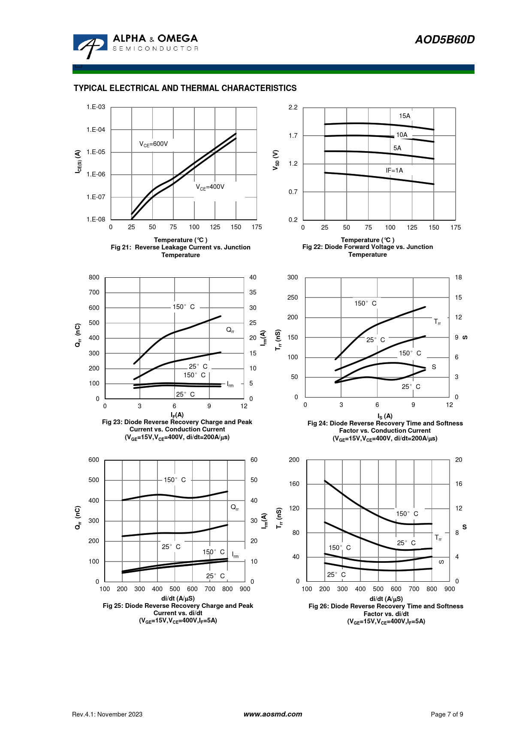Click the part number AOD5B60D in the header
click(x=444, y=39)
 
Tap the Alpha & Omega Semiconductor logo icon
click(x=90, y=46)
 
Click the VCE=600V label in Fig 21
click(x=154, y=144)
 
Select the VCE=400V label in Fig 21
click(x=210, y=187)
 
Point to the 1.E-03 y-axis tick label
click(x=96, y=107)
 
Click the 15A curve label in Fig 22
click(x=405, y=116)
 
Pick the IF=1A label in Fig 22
click(x=394, y=170)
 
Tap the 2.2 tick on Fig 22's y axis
click(x=293, y=107)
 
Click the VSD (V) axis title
click(x=276, y=160)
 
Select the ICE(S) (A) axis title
click(x=78, y=161)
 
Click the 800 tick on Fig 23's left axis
click(x=94, y=277)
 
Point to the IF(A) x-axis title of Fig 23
click(x=177, y=415)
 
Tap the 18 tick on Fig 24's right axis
click(x=458, y=277)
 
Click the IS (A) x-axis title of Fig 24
click(x=385, y=416)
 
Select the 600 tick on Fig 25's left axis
click(x=94, y=460)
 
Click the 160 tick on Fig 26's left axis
click(x=294, y=484)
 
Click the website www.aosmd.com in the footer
click(x=272, y=714)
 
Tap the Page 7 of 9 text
click(x=447, y=714)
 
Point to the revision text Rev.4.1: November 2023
click(x=107, y=714)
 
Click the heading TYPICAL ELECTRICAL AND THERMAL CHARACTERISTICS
click(x=185, y=88)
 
